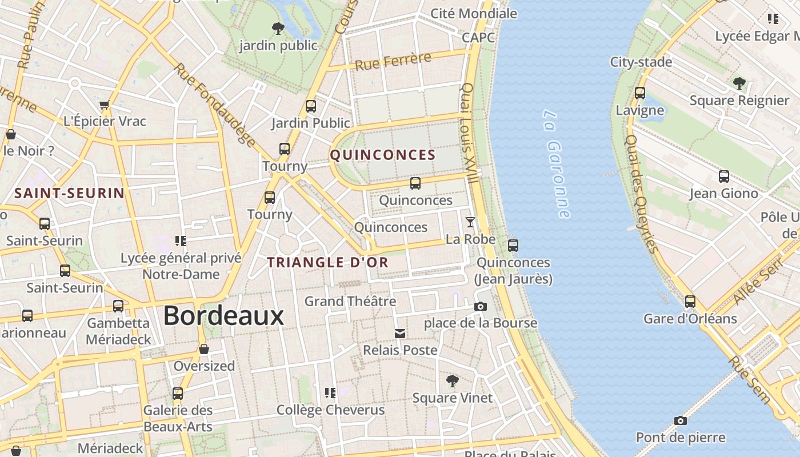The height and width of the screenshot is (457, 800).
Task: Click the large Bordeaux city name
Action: coord(223,316)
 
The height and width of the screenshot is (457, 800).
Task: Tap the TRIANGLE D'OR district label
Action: coord(328,263)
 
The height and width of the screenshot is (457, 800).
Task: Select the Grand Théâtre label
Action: coord(350,301)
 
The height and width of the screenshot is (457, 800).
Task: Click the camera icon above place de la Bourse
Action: coord(481,307)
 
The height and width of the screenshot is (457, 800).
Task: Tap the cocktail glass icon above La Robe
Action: coord(470,222)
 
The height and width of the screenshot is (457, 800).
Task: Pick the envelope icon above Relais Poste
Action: coord(400,334)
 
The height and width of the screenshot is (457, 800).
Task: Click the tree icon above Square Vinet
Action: coord(452,381)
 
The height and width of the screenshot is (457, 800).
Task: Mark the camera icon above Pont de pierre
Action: coord(680,421)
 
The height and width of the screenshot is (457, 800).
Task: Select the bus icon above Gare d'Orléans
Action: coord(690,302)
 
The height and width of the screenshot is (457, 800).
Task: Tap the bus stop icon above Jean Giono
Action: coord(723,177)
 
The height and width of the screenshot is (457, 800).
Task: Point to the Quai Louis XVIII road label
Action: coord(470,133)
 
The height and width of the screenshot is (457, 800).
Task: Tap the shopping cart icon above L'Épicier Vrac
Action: coord(104,105)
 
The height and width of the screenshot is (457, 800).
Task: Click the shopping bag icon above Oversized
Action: coord(204,349)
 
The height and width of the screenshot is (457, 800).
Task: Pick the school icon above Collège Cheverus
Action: coord(330,393)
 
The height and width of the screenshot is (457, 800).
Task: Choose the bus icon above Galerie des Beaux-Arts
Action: coord(178,394)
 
